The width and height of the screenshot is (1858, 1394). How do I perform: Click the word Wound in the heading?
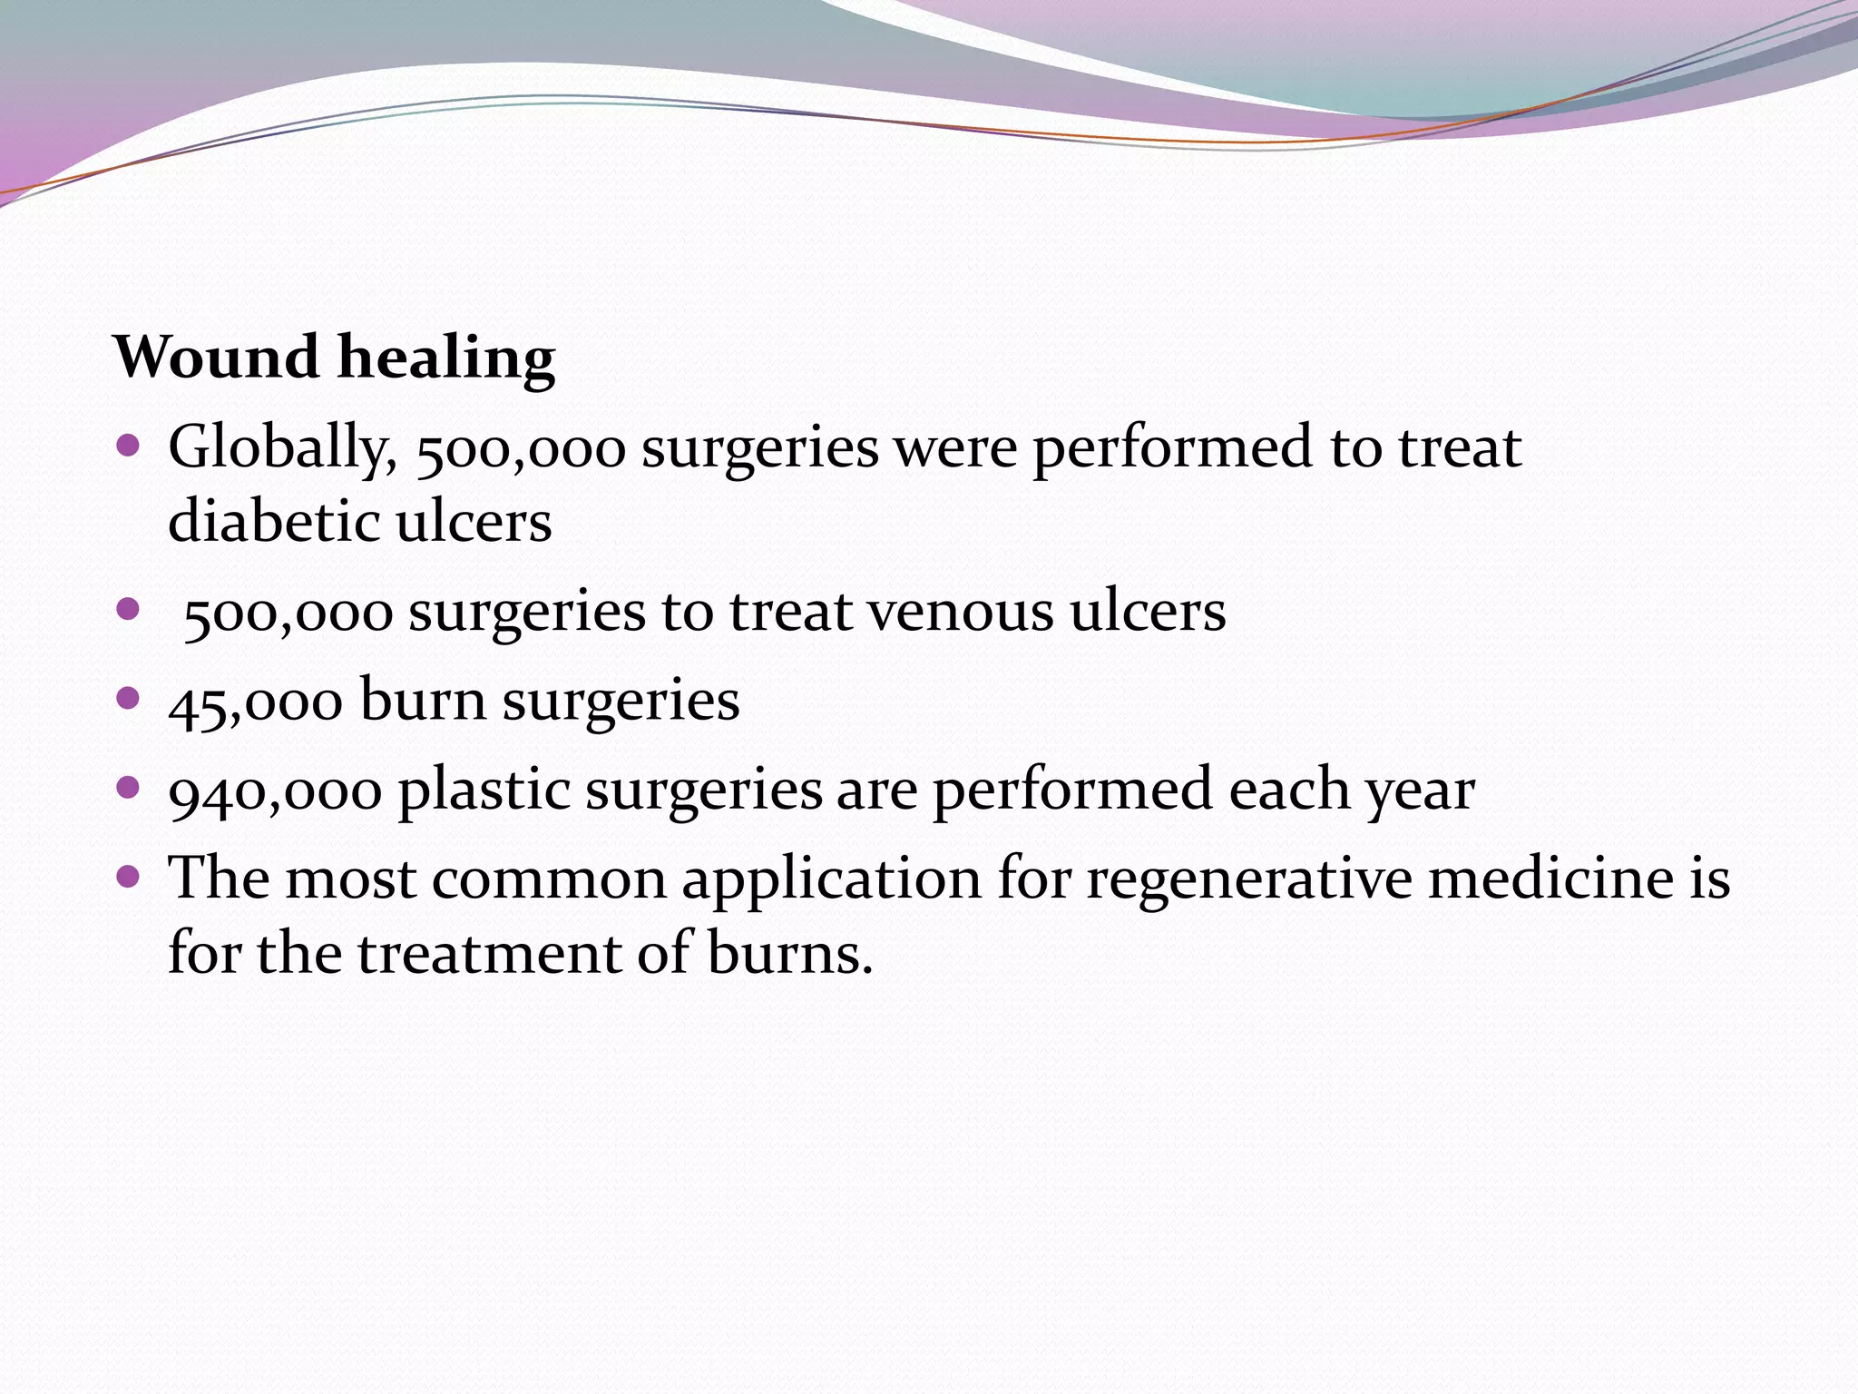point(216,357)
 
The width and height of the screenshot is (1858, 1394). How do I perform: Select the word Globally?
point(282,449)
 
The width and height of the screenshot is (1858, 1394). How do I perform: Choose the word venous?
point(962,611)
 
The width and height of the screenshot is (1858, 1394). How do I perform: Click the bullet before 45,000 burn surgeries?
point(128,697)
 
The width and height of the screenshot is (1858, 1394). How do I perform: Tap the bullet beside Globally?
point(128,446)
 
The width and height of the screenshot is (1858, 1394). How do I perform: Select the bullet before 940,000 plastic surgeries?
point(128,786)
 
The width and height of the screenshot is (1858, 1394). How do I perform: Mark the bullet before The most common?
point(128,876)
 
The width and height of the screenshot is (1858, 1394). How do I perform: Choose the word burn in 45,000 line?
point(423,701)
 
